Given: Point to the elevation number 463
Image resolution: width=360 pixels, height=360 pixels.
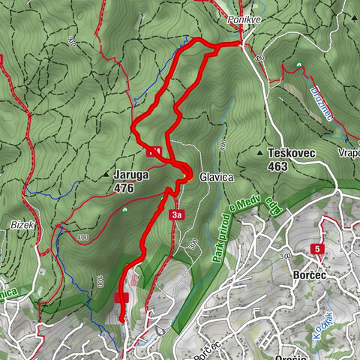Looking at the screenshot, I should (x=276, y=166).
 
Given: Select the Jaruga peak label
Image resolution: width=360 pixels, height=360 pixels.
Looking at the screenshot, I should (x=131, y=175).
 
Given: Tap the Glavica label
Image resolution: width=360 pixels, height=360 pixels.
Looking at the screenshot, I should (x=217, y=177).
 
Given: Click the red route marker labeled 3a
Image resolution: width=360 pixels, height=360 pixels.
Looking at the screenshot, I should (x=176, y=216).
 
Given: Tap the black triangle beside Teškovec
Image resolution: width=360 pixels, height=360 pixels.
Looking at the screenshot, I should (x=259, y=153).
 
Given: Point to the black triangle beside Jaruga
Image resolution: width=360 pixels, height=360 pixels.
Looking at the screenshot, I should (x=105, y=176).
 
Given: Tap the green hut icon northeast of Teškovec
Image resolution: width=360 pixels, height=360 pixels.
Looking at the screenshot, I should (x=298, y=64).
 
